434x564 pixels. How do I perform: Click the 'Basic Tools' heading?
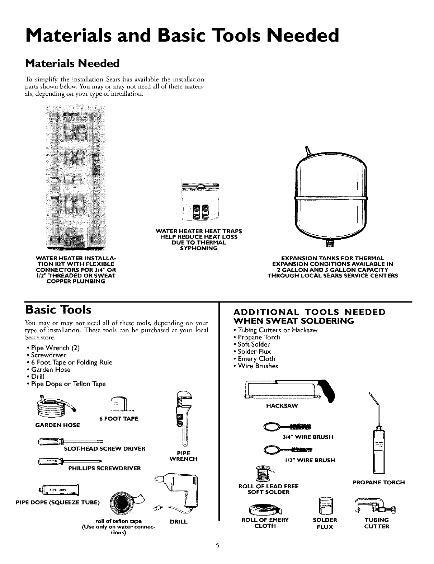pos(58,310)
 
